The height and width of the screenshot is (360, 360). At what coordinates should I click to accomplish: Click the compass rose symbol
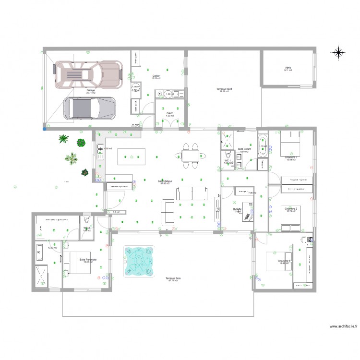(339, 52)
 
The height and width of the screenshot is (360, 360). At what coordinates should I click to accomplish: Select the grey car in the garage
(90, 108)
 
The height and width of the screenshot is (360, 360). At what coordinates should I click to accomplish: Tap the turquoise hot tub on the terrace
(140, 262)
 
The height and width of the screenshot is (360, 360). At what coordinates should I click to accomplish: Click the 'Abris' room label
(288, 68)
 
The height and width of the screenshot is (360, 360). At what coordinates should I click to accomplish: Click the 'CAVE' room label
(170, 114)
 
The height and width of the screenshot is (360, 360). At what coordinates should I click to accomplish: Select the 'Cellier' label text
(156, 76)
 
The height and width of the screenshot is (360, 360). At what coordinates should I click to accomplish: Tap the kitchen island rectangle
(132, 156)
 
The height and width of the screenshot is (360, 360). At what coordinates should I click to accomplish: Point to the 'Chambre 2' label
(291, 209)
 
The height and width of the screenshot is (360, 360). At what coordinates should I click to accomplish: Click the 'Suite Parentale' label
(88, 260)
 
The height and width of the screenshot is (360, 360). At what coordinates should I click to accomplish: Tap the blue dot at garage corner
(45, 128)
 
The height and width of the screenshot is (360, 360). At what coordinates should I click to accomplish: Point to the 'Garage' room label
(90, 90)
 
